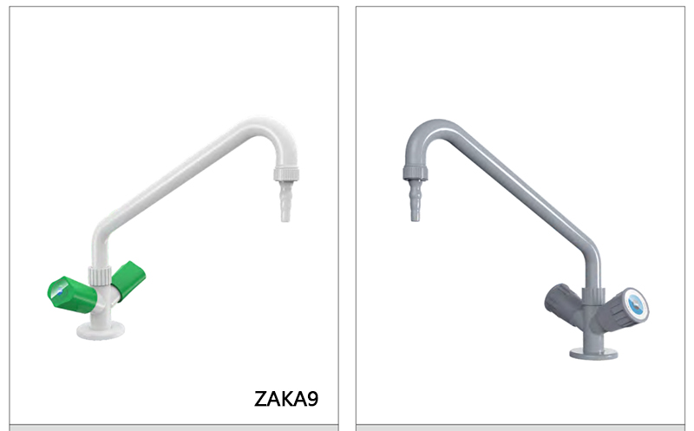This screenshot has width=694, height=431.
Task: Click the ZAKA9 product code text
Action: point(286,399)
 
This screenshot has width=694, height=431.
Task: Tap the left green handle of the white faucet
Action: point(70,294)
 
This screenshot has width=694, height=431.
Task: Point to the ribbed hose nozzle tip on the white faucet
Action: point(285,208)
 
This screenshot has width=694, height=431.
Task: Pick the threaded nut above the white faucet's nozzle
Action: point(285,174)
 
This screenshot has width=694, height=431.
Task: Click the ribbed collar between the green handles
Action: point(101,277)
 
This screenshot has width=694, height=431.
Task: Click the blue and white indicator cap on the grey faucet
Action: point(639,304)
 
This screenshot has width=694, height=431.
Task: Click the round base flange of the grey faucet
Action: point(593,352)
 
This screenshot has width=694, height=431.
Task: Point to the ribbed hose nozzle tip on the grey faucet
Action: point(416,207)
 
